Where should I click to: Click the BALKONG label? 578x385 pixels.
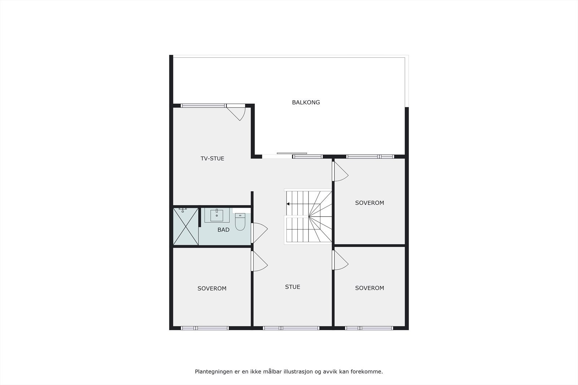(x=306, y=102)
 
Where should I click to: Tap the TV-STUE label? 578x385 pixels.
(x=212, y=158)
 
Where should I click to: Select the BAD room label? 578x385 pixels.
(x=223, y=230)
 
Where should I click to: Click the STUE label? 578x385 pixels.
(x=293, y=287)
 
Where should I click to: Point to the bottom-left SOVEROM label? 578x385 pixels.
(x=212, y=289)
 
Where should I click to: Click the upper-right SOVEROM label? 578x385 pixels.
(x=370, y=203)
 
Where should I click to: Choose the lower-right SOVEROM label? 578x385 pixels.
(x=370, y=288)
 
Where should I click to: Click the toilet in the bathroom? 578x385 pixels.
(x=240, y=222)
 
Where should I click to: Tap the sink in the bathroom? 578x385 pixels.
(x=217, y=215)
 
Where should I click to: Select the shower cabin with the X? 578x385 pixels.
(x=186, y=227)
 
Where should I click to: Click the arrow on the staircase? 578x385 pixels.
(x=288, y=204)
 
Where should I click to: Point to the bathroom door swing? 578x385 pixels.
(x=259, y=233)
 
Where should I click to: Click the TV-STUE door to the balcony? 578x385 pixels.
(x=237, y=111)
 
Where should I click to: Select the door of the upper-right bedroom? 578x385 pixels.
(x=340, y=171)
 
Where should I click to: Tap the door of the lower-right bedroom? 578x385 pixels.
(x=340, y=260)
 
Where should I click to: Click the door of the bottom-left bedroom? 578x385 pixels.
(x=259, y=261)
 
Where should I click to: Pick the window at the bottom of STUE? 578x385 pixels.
(x=291, y=328)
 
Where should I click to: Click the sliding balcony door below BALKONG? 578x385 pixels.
(x=292, y=154)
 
